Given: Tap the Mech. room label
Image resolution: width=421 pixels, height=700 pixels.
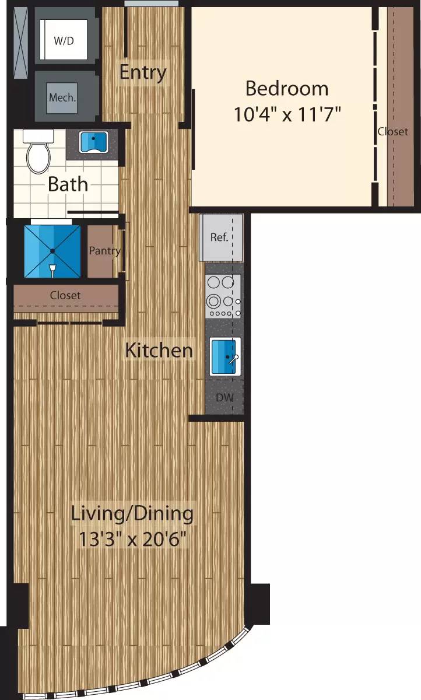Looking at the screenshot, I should (62, 97).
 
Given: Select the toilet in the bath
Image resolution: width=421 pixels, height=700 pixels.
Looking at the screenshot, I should (38, 152).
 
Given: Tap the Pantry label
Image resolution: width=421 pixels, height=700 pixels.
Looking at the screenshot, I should (104, 251).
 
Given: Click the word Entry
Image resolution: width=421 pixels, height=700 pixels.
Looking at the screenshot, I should (143, 72).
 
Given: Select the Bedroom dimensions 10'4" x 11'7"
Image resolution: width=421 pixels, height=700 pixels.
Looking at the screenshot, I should (287, 114).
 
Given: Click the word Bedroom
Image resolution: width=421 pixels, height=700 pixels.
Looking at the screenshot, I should (286, 89).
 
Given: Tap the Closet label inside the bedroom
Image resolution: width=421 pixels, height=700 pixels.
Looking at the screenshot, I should (392, 132).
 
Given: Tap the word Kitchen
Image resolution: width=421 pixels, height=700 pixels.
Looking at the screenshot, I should (159, 351).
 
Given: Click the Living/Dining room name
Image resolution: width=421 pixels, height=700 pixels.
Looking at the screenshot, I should (132, 514).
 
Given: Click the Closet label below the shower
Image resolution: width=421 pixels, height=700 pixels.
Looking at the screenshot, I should (65, 296).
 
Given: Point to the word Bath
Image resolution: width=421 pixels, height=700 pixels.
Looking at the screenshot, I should (68, 184).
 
